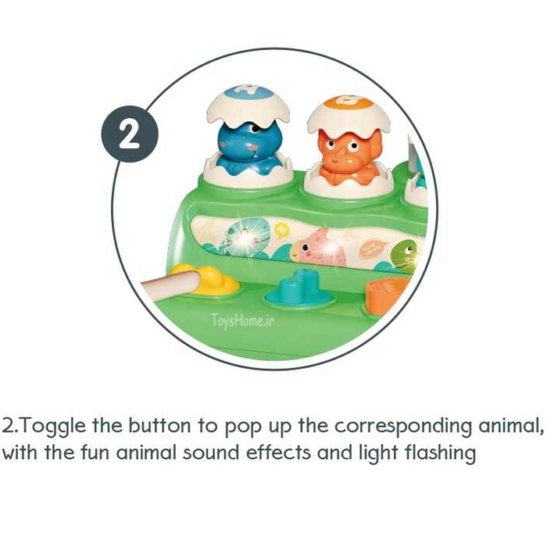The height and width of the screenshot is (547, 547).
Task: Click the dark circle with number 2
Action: tap(130, 134)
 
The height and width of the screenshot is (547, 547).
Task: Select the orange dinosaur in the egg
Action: tap(349, 156)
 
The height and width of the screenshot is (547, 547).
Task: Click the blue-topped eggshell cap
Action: tap(248, 104)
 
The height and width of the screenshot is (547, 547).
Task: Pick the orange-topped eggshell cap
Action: tap(349, 114)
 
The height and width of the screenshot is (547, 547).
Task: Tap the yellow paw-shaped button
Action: tap(211, 280)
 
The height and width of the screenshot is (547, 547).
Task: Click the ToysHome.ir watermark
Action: tap(242, 320)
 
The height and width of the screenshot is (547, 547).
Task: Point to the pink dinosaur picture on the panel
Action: tap(319, 248)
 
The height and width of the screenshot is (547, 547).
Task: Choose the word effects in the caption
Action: tap(278, 452)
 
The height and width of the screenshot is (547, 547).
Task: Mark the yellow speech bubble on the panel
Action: tap(281, 229)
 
